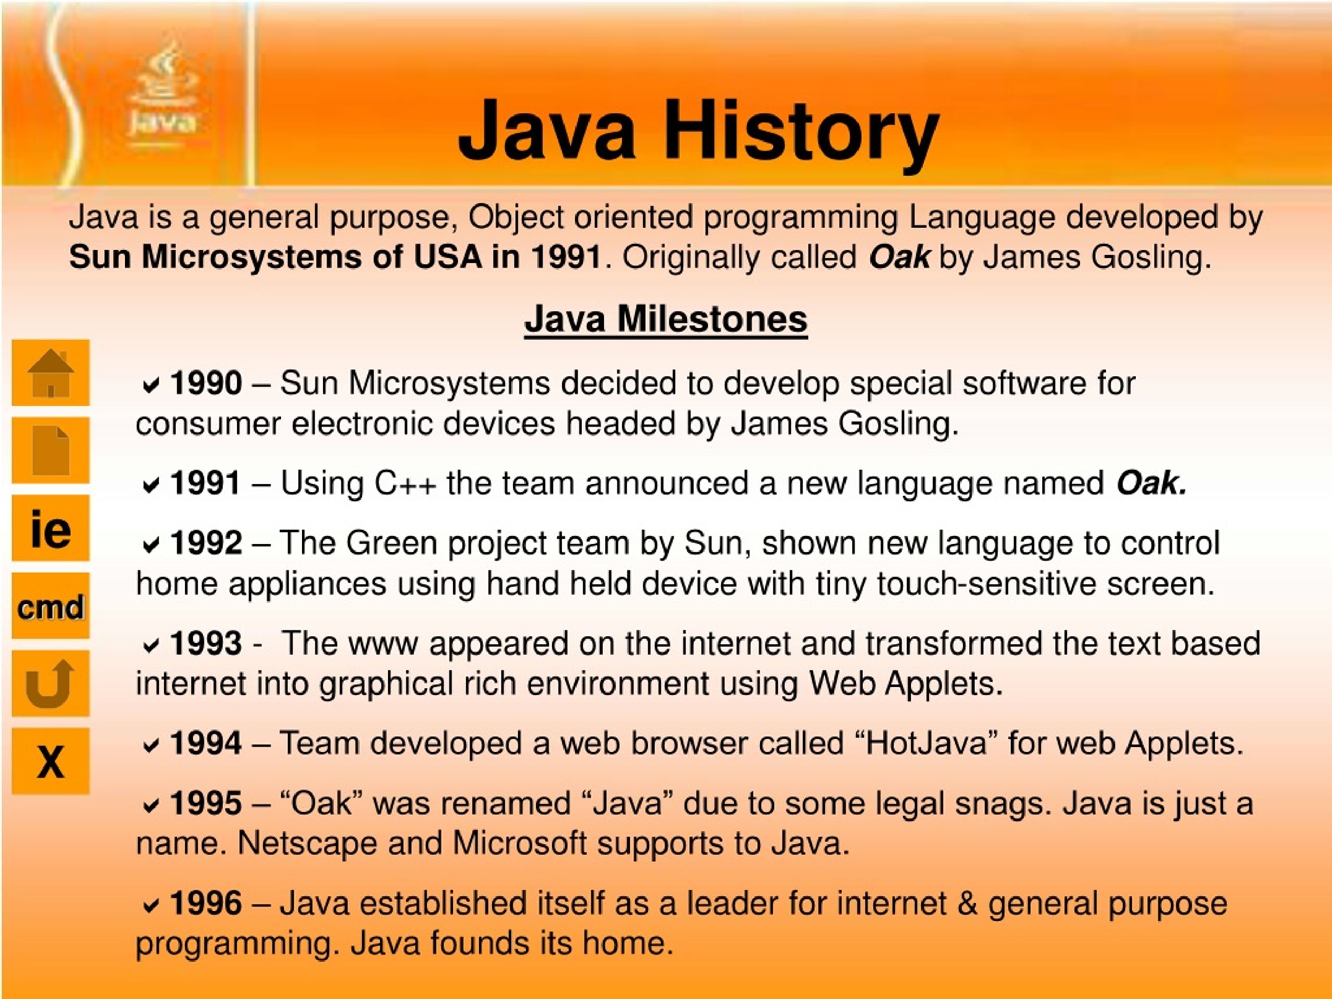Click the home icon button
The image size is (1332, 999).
coord(50,373)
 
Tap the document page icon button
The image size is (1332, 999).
coord(50,450)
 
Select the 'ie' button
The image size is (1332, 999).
coord(50,528)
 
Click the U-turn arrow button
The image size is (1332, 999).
coord(50,684)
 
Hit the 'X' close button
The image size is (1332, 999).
coord(50,761)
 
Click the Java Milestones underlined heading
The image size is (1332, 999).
coord(665,318)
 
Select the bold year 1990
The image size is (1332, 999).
coord(206,383)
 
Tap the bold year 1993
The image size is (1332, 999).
coord(206,643)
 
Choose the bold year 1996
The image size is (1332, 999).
coord(206,903)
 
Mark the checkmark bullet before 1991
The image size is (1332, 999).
coord(150,485)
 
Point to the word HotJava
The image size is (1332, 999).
coord(926,743)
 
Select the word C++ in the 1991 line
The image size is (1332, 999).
coord(405,483)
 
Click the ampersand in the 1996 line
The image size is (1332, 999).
coord(967,903)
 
